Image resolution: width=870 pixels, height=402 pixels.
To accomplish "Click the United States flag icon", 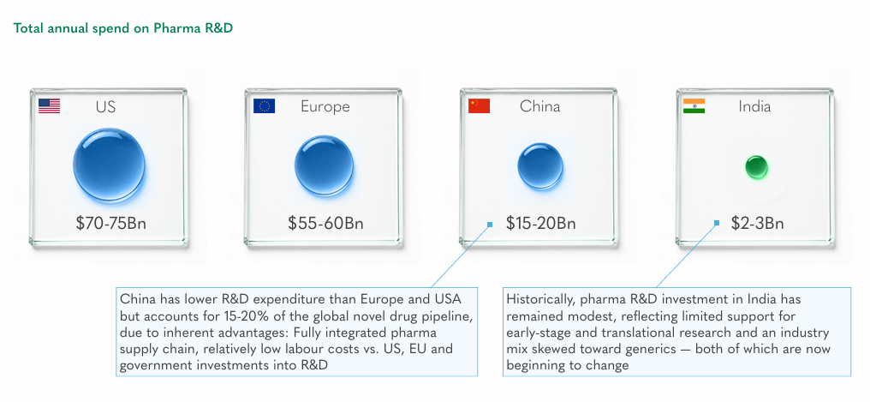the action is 49,105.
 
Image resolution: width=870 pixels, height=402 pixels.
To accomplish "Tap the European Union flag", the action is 264,105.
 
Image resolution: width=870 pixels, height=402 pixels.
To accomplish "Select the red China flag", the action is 479,105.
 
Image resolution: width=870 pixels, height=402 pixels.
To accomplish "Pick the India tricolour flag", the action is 694,105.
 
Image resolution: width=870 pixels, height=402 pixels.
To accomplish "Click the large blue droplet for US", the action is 110,165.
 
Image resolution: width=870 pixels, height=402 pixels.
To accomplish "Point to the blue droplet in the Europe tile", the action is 324,165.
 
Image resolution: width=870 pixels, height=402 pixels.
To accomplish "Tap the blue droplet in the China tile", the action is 539,166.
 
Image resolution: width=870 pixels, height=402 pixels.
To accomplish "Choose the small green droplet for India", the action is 756,167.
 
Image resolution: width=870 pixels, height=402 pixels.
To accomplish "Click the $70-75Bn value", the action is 111,223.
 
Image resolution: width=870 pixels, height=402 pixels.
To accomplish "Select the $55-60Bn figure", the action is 325,223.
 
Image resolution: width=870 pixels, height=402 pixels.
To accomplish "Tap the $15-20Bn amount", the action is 541,223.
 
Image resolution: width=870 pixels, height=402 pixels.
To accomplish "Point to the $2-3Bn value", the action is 757,223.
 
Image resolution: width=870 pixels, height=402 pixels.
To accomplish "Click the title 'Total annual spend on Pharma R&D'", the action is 123,28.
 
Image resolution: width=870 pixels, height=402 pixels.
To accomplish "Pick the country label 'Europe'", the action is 325,106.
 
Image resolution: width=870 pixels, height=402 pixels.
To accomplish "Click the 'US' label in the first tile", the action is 105,106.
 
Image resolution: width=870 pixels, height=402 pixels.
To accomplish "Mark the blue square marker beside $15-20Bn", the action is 490,225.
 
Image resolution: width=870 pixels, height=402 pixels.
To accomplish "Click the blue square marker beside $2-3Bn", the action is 717,223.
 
